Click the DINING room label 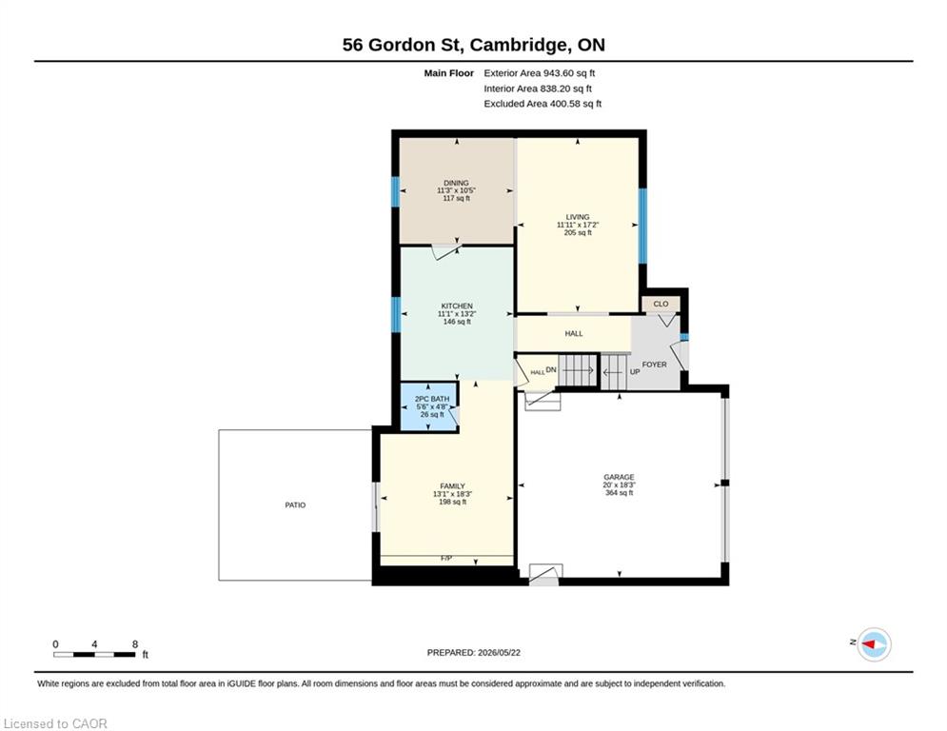(456, 183)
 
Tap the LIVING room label (578, 217)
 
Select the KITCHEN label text (457, 306)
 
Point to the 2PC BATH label (432, 400)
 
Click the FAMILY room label (452, 486)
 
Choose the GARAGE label (619, 477)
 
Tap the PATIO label (295, 505)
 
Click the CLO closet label (661, 304)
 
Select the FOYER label (654, 365)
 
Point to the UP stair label (635, 372)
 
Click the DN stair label (551, 369)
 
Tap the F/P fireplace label (446, 559)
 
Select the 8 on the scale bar (135, 644)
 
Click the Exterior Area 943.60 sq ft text (540, 73)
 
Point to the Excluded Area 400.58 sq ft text (543, 104)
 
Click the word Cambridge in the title (519, 46)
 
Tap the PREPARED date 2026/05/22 (499, 652)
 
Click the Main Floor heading (448, 73)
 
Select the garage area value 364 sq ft (619, 493)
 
